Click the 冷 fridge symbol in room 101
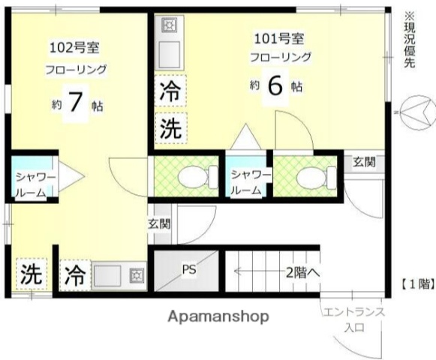click(170, 94)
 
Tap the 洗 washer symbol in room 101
click(170, 128)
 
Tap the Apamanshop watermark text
click(218, 316)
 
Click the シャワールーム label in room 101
click(248, 182)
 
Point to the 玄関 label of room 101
click(365, 161)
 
